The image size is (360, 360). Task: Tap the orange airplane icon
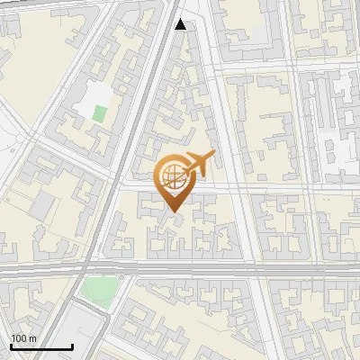[200, 165]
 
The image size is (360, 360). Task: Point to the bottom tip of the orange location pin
[172, 212]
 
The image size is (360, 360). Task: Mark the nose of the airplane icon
[213, 157]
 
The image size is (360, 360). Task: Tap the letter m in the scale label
[32, 338]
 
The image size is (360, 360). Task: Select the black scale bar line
[40, 347]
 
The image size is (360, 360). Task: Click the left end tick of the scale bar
[10, 346]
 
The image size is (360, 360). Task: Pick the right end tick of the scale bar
[72, 346]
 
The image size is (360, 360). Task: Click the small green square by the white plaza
[99, 114]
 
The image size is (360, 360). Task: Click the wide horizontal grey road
[225, 268]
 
